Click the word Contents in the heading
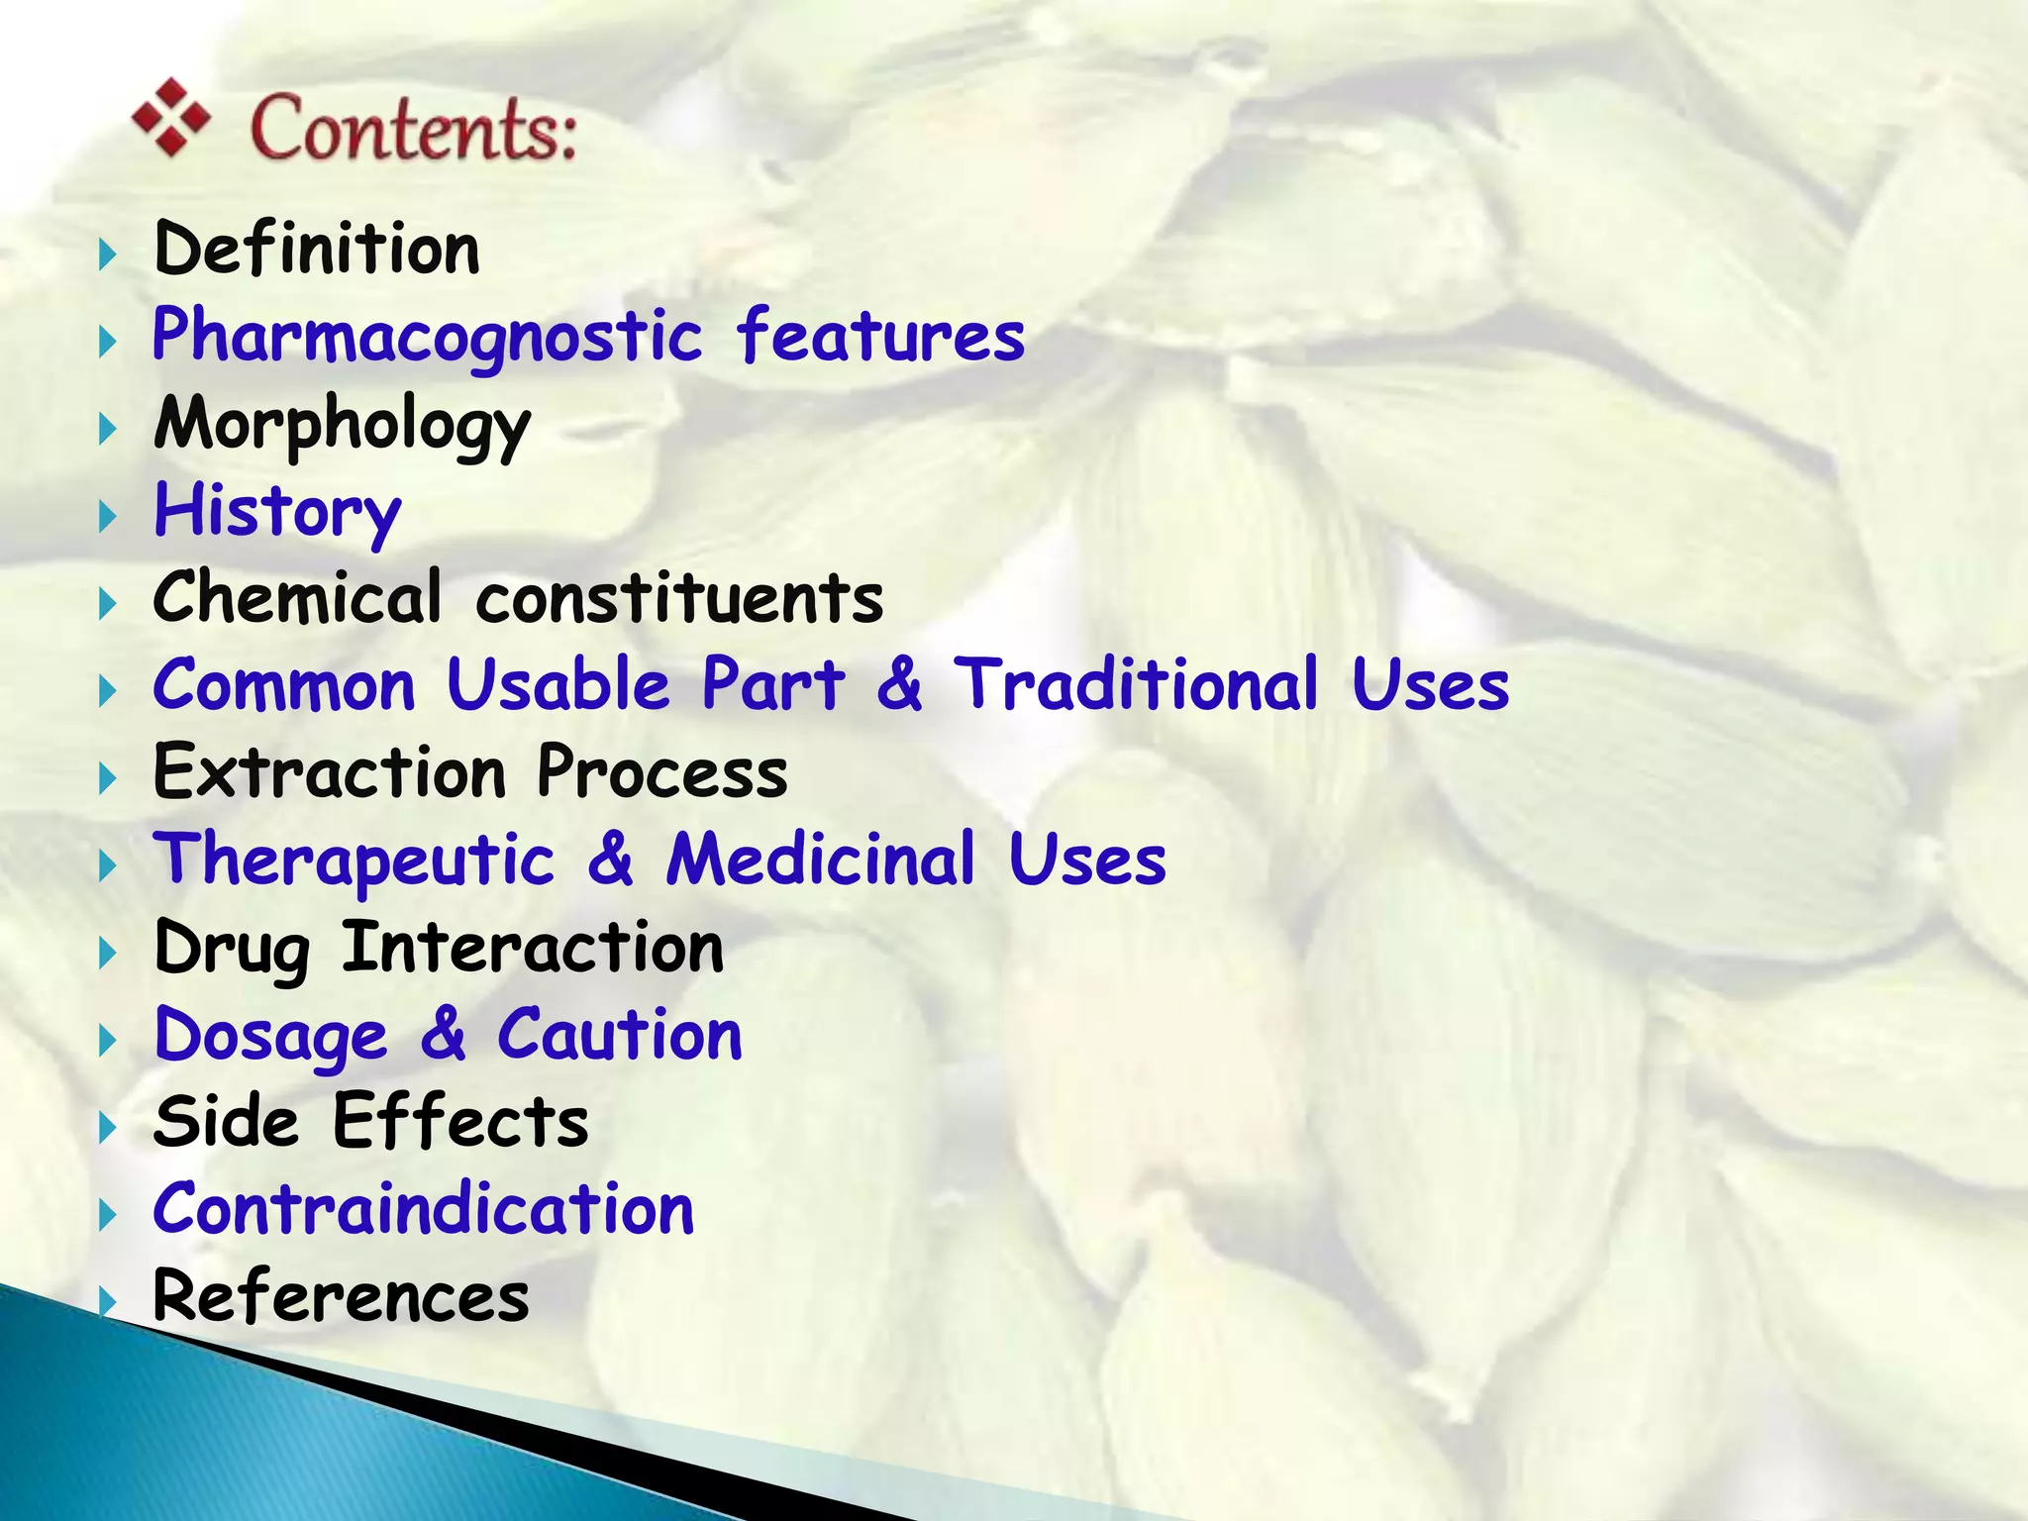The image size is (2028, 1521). tap(412, 129)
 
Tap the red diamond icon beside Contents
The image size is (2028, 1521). tap(171, 117)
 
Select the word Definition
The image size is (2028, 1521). tap(317, 249)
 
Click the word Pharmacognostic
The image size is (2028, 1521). tap(427, 338)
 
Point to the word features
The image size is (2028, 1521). tap(880, 336)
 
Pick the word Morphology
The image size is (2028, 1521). tap(342, 425)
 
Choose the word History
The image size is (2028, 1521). tap(277, 512)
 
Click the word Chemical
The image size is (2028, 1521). tap(297, 598)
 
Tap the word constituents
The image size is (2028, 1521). tap(679, 599)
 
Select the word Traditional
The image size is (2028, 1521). tap(1135, 685)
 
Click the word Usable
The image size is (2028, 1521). tap(558, 685)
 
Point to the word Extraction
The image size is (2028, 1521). tap(330, 772)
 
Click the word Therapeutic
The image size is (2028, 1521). tap(354, 861)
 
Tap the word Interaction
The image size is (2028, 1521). tap(533, 948)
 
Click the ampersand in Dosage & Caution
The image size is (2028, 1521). tap(443, 1035)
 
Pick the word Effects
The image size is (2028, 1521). tap(460, 1122)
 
